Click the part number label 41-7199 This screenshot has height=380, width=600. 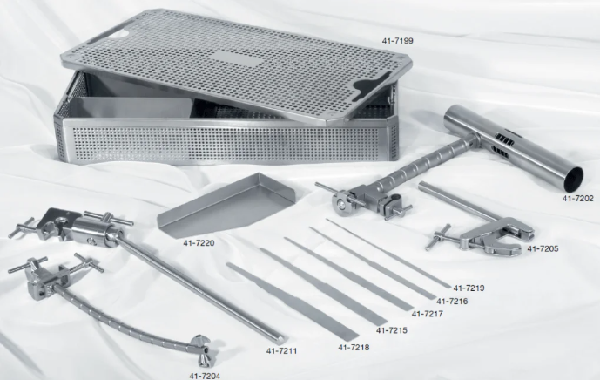point(397,41)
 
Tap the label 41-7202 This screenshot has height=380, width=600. point(577,199)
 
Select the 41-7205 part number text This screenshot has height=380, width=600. point(543,248)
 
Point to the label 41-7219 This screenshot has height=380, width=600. point(469,288)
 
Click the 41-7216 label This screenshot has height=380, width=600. point(452,302)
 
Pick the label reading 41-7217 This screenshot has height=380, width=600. point(427,314)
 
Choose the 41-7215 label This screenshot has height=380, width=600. point(392,330)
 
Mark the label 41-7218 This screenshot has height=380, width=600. point(354,348)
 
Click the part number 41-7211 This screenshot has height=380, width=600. point(281,350)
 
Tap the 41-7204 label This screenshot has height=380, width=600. point(205,376)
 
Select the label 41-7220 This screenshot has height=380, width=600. point(199,243)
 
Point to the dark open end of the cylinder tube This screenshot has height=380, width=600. point(574,180)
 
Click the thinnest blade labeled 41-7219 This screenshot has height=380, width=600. point(388,253)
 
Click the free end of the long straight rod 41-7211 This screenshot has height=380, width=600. point(281,339)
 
